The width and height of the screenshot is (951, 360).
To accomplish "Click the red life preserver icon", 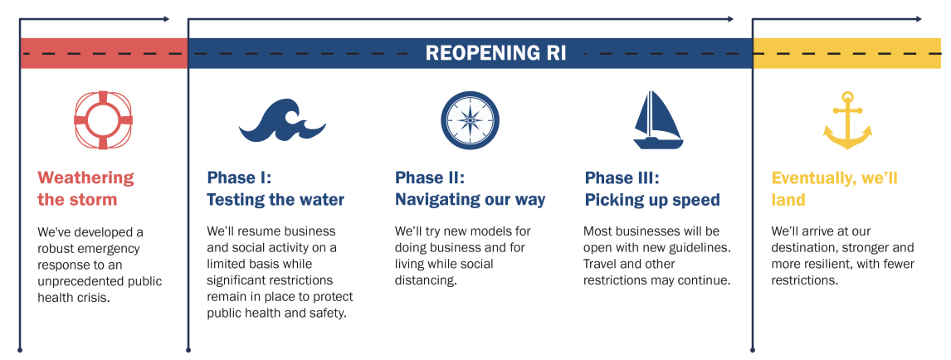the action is (104, 119).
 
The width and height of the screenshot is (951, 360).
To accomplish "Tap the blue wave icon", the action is (282, 121).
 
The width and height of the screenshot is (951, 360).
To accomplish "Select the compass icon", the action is (470, 119).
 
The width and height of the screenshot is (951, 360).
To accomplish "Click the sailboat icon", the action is (657, 120).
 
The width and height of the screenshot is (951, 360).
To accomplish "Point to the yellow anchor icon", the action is (847, 120).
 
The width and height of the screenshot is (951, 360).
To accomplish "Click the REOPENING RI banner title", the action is (495, 53).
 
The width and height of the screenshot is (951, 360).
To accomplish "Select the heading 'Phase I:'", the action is (239, 178).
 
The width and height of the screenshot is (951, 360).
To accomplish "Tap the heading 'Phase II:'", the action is (429, 178).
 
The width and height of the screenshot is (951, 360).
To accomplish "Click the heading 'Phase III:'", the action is (622, 178).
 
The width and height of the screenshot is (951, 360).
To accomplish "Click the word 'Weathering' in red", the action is (85, 178).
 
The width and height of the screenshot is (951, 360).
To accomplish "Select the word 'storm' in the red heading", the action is (93, 200).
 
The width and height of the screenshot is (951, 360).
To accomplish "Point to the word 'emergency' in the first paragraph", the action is (112, 247).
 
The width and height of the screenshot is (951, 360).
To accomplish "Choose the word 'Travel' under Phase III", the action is (602, 264).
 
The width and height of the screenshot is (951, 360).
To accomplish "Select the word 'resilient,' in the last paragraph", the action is (832, 264).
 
